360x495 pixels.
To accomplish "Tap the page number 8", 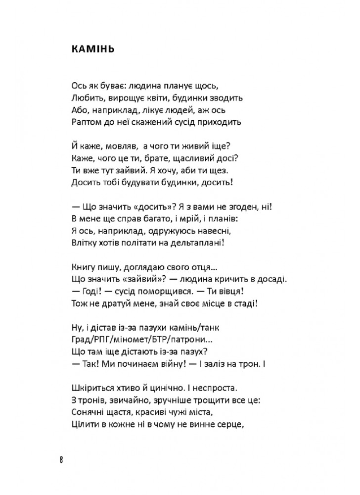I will pos(61,459).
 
